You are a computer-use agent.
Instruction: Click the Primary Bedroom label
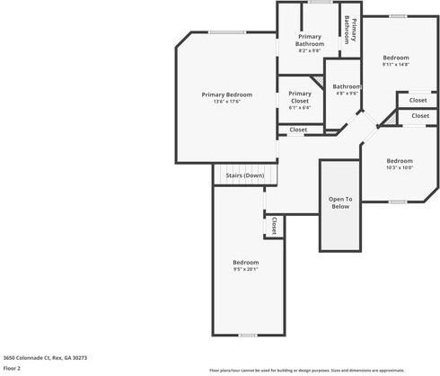(x=226, y=94)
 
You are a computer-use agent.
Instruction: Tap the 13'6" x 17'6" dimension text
(x=226, y=102)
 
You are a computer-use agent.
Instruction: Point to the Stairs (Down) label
(x=244, y=175)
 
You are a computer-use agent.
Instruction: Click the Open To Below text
(x=340, y=202)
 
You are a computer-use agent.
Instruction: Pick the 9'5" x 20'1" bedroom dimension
(x=245, y=268)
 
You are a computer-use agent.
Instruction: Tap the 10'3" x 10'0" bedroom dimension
(x=399, y=167)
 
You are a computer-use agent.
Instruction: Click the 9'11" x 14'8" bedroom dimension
(x=395, y=64)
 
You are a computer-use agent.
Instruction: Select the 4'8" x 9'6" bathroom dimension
(x=347, y=94)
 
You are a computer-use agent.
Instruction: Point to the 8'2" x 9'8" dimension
(x=310, y=50)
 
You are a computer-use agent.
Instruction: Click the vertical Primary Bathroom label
(x=351, y=31)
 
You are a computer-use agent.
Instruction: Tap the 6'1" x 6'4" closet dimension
(x=300, y=108)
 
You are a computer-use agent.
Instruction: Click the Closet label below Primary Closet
(x=298, y=130)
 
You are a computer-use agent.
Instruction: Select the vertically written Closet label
(x=274, y=224)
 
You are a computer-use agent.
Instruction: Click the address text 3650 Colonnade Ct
(x=44, y=357)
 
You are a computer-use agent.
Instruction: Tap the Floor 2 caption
(x=12, y=368)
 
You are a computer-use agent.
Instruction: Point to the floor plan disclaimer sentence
(x=319, y=370)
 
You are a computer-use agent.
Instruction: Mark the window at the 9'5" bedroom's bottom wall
(x=248, y=336)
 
